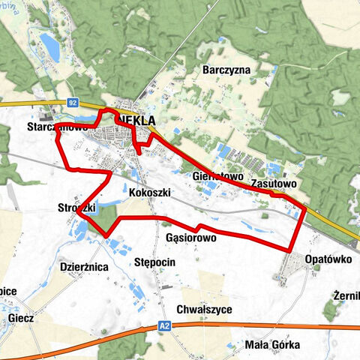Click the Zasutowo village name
274,182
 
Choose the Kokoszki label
150,193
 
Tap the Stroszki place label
76,208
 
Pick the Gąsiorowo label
190,237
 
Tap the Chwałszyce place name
204,309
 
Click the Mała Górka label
272,344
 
